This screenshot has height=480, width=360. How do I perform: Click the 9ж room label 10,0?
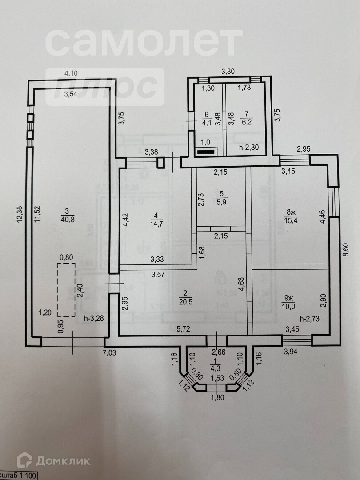pyautogui.click(x=289, y=302)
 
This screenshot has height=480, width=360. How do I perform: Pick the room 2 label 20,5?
pyautogui.click(x=184, y=297)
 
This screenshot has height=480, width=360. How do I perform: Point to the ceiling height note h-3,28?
pyautogui.click(x=94, y=318)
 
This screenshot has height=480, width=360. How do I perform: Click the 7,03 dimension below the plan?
pyautogui.click(x=111, y=353)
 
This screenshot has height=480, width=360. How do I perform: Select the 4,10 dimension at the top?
pyautogui.click(x=71, y=74)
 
